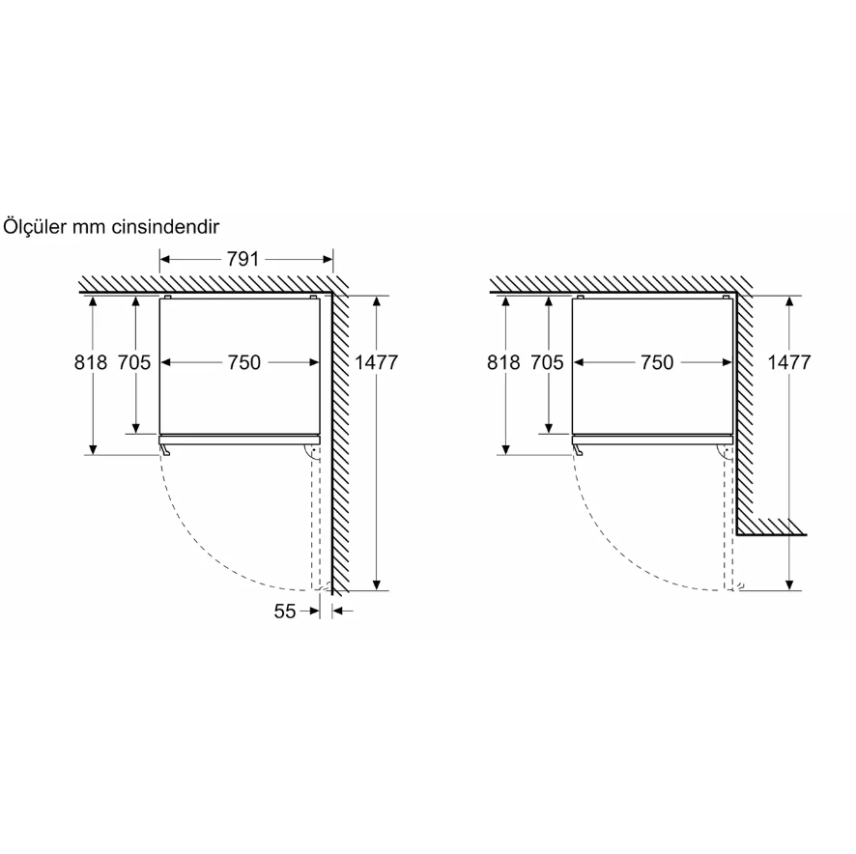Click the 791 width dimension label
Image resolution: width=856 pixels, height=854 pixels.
pos(243,259)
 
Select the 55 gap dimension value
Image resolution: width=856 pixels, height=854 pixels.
pos(284,611)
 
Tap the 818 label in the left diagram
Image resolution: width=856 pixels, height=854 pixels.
pos(91,362)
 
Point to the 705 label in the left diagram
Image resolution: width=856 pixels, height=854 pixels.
pos(134,362)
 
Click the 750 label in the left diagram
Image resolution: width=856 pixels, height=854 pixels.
pos(244,362)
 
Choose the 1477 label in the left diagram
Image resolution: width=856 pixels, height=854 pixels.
pos(377,362)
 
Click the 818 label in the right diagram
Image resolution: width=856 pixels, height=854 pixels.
pos(503,362)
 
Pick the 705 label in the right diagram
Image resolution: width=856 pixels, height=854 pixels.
pos(547,362)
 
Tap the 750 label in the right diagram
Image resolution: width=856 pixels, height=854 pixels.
pos(657,362)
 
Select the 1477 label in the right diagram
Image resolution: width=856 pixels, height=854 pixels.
pos(789,362)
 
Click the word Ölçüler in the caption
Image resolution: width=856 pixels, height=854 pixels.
pos(35,226)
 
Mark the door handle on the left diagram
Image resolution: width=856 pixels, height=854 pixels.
pos(165,449)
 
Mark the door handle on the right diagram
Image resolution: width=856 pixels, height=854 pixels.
pos(578,449)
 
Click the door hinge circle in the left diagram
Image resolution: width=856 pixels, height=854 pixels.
pos(313,450)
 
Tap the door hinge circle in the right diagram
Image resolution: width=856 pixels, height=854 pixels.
pos(726,450)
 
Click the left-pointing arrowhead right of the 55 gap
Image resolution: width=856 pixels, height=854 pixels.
pos(337,611)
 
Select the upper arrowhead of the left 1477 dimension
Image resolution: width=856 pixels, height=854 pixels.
pos(377,302)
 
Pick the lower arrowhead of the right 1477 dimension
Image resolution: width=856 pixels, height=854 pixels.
pos(789,584)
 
